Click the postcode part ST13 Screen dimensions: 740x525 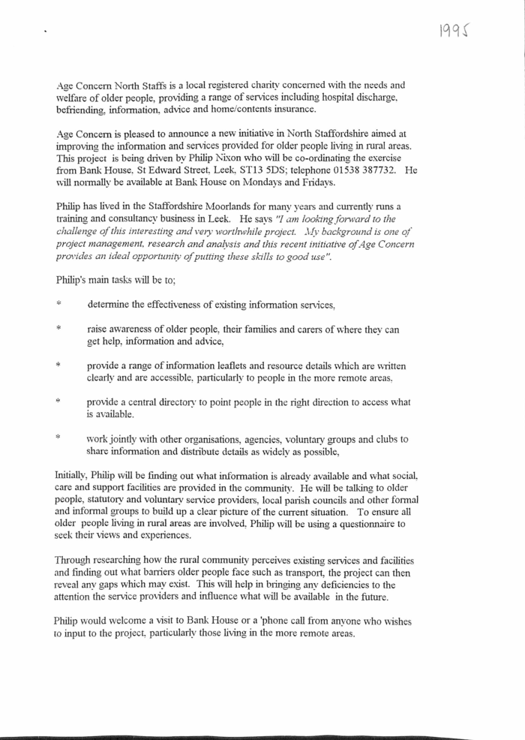[x=280, y=170]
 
